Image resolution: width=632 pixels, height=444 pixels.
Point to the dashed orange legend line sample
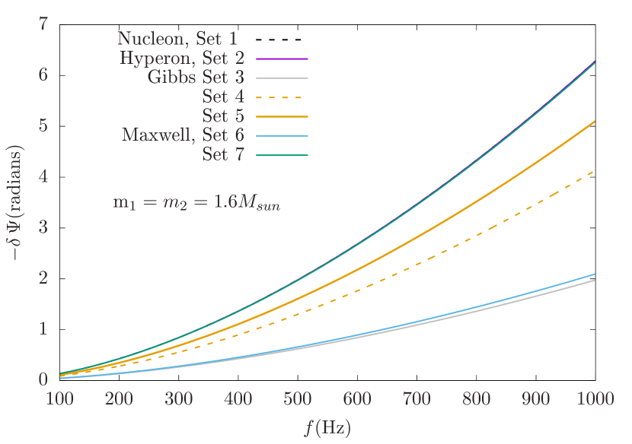pos(282,97)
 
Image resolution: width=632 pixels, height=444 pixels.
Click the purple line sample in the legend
pos(282,58)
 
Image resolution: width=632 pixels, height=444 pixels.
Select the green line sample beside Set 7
pos(282,155)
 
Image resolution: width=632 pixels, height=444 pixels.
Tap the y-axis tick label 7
pos(43,24)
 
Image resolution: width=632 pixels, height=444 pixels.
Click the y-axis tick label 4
pos(43,176)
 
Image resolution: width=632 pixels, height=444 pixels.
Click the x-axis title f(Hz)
pos(327,427)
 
